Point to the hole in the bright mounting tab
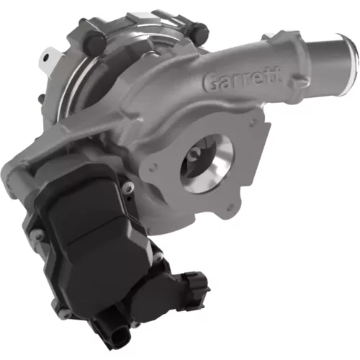[46, 57]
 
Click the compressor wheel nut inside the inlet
[194, 154]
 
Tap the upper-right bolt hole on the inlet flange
[251, 123]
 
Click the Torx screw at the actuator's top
[128, 186]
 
